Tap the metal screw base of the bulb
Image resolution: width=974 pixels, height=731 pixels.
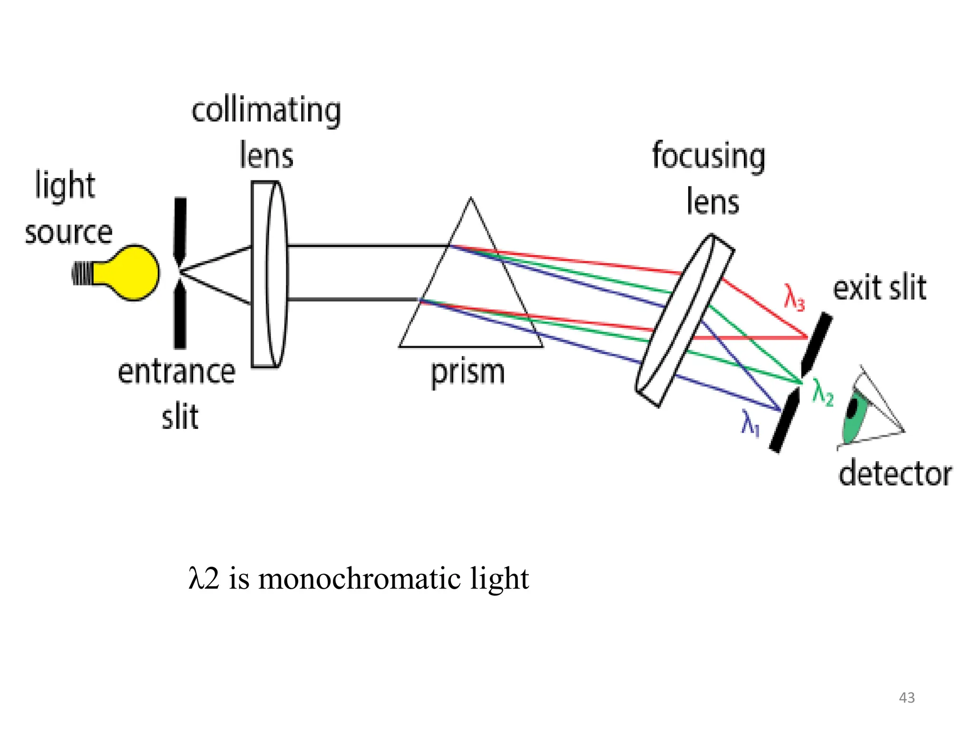click(82, 274)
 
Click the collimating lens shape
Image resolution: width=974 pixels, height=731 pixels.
click(269, 275)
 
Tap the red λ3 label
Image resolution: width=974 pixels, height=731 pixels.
click(794, 298)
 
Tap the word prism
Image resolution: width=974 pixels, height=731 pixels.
click(468, 373)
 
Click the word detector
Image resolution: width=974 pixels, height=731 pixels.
click(895, 474)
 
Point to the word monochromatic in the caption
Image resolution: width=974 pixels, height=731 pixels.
click(359, 579)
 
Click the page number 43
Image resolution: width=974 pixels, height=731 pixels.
click(906, 698)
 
